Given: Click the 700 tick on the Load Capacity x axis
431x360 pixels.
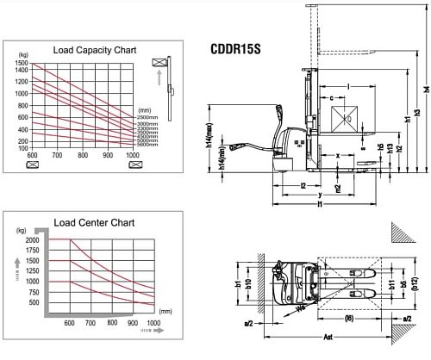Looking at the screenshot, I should pos(57,156).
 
